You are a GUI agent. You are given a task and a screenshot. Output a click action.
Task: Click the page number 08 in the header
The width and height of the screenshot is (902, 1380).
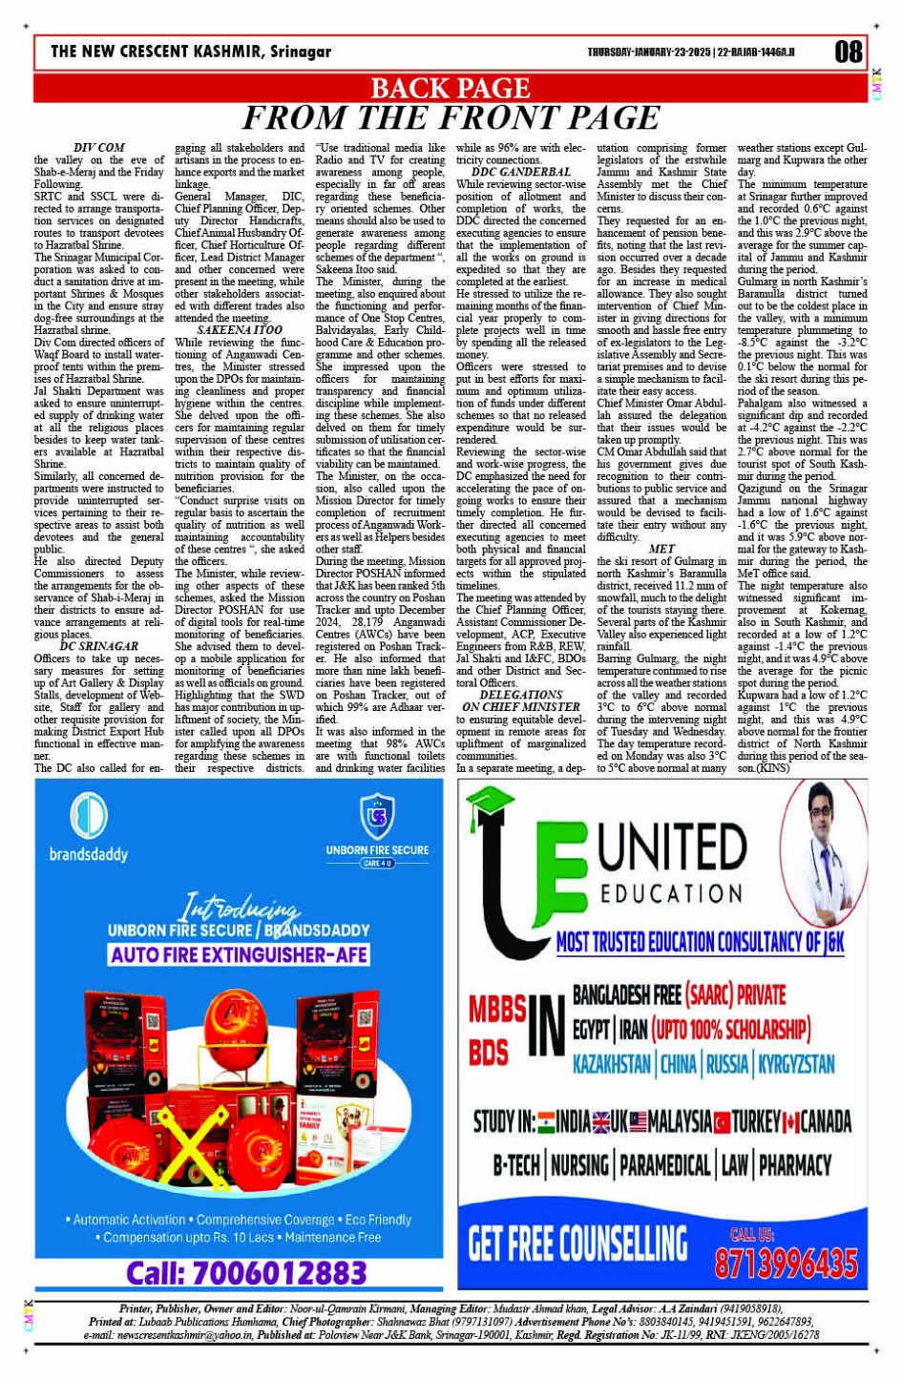click(848, 52)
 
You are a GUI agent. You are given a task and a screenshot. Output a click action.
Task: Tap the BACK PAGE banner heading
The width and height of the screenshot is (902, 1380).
click(450, 89)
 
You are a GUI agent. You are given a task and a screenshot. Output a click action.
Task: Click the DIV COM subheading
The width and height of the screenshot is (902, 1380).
click(98, 148)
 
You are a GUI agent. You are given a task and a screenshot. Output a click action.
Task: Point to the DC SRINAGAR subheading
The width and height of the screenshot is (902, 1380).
click(98, 646)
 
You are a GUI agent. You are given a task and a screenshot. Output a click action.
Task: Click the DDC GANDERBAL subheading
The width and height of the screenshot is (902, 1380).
click(521, 172)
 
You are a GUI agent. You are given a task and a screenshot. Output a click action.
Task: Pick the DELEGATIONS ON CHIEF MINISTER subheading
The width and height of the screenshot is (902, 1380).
click(520, 701)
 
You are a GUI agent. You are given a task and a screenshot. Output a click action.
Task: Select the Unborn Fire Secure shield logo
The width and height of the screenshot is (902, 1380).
click(377, 816)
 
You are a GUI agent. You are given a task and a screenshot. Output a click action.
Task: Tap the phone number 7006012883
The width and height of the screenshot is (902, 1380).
click(246, 1273)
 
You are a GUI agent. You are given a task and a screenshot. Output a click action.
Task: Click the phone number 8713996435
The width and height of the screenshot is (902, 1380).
click(786, 1264)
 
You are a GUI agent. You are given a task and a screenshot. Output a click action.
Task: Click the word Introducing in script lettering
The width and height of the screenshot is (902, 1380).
click(240, 906)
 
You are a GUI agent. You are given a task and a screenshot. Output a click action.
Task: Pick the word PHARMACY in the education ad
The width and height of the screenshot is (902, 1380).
click(794, 1165)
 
